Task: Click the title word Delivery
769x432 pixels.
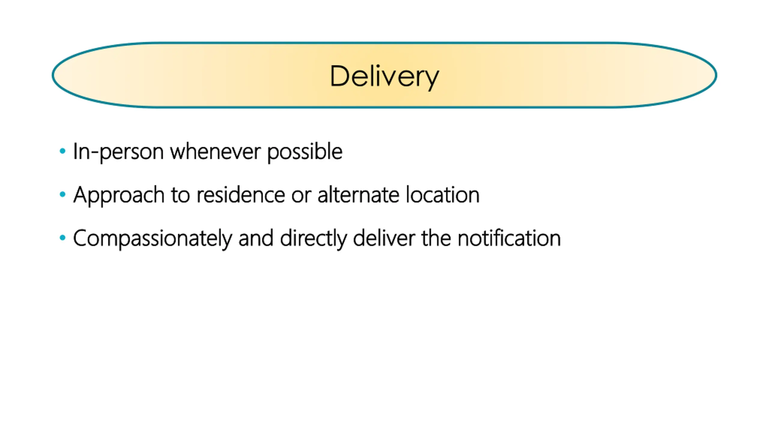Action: (384, 76)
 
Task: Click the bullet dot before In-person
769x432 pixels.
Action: (62, 151)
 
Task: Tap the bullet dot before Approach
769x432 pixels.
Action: (62, 194)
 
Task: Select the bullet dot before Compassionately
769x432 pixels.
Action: (62, 238)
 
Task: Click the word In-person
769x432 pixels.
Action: (118, 152)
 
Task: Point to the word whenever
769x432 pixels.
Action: (215, 152)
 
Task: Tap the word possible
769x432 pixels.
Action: (305, 152)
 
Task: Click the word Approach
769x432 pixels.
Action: (119, 195)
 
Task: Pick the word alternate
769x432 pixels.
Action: (358, 195)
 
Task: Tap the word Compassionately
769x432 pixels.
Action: (152, 239)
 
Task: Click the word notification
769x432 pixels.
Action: (509, 238)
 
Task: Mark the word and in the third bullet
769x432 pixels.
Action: (256, 238)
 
